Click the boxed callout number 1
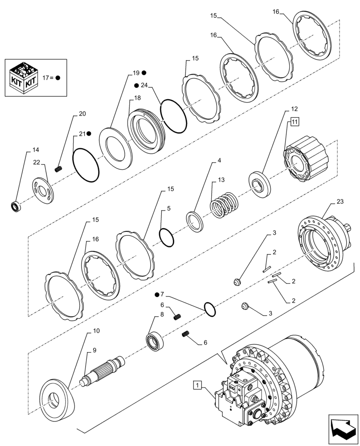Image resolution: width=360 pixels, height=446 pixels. point(197,384)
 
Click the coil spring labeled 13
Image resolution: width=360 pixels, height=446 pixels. point(225,204)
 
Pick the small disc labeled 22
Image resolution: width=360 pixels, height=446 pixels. point(44,190)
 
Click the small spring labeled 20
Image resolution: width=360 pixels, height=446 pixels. point(58,169)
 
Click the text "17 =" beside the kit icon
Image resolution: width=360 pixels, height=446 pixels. point(48,77)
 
